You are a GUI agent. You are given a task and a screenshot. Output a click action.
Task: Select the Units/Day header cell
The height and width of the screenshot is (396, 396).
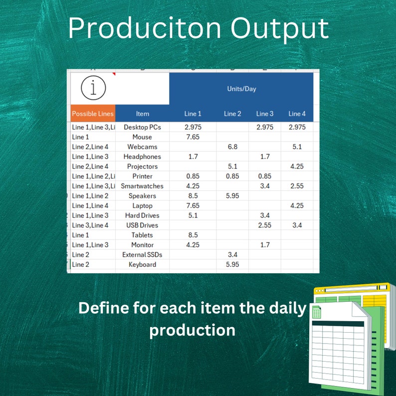tap(241, 89)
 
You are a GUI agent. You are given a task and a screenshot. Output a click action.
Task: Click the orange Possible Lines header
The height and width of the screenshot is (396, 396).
tap(93, 114)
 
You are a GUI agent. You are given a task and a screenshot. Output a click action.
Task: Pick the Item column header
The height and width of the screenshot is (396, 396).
tap(142, 114)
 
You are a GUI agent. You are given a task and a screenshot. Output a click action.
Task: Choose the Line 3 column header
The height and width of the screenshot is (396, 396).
tap(264, 114)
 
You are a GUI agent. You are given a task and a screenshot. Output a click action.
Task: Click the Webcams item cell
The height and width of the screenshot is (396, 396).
tap(142, 147)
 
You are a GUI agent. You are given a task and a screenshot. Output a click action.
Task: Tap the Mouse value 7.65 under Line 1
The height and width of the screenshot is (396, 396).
tap(193, 137)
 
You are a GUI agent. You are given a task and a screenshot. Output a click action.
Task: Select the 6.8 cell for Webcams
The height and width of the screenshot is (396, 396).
tap(232, 147)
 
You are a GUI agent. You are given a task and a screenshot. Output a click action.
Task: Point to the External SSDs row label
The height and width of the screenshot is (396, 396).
tap(142, 255)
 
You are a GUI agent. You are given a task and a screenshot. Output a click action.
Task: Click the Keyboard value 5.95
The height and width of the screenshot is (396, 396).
tap(232, 264)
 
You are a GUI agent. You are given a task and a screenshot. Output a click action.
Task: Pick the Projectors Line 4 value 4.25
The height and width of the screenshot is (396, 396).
tap(297, 167)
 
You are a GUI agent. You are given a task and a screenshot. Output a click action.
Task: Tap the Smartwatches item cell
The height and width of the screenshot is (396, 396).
tap(142, 186)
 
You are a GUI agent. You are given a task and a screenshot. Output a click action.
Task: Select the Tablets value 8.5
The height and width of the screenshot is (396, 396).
tap(193, 235)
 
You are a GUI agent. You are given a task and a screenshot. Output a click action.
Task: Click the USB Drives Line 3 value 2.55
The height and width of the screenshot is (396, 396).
tap(264, 225)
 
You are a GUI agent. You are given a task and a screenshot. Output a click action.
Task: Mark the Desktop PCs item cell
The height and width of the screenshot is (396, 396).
tap(142, 127)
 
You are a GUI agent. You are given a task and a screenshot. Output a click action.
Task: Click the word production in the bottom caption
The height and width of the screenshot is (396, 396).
tap(192, 330)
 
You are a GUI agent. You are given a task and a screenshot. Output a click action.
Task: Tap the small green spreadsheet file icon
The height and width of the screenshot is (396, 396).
tap(316, 313)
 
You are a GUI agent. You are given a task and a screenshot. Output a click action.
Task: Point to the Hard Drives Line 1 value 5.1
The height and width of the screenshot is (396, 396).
tap(193, 215)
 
